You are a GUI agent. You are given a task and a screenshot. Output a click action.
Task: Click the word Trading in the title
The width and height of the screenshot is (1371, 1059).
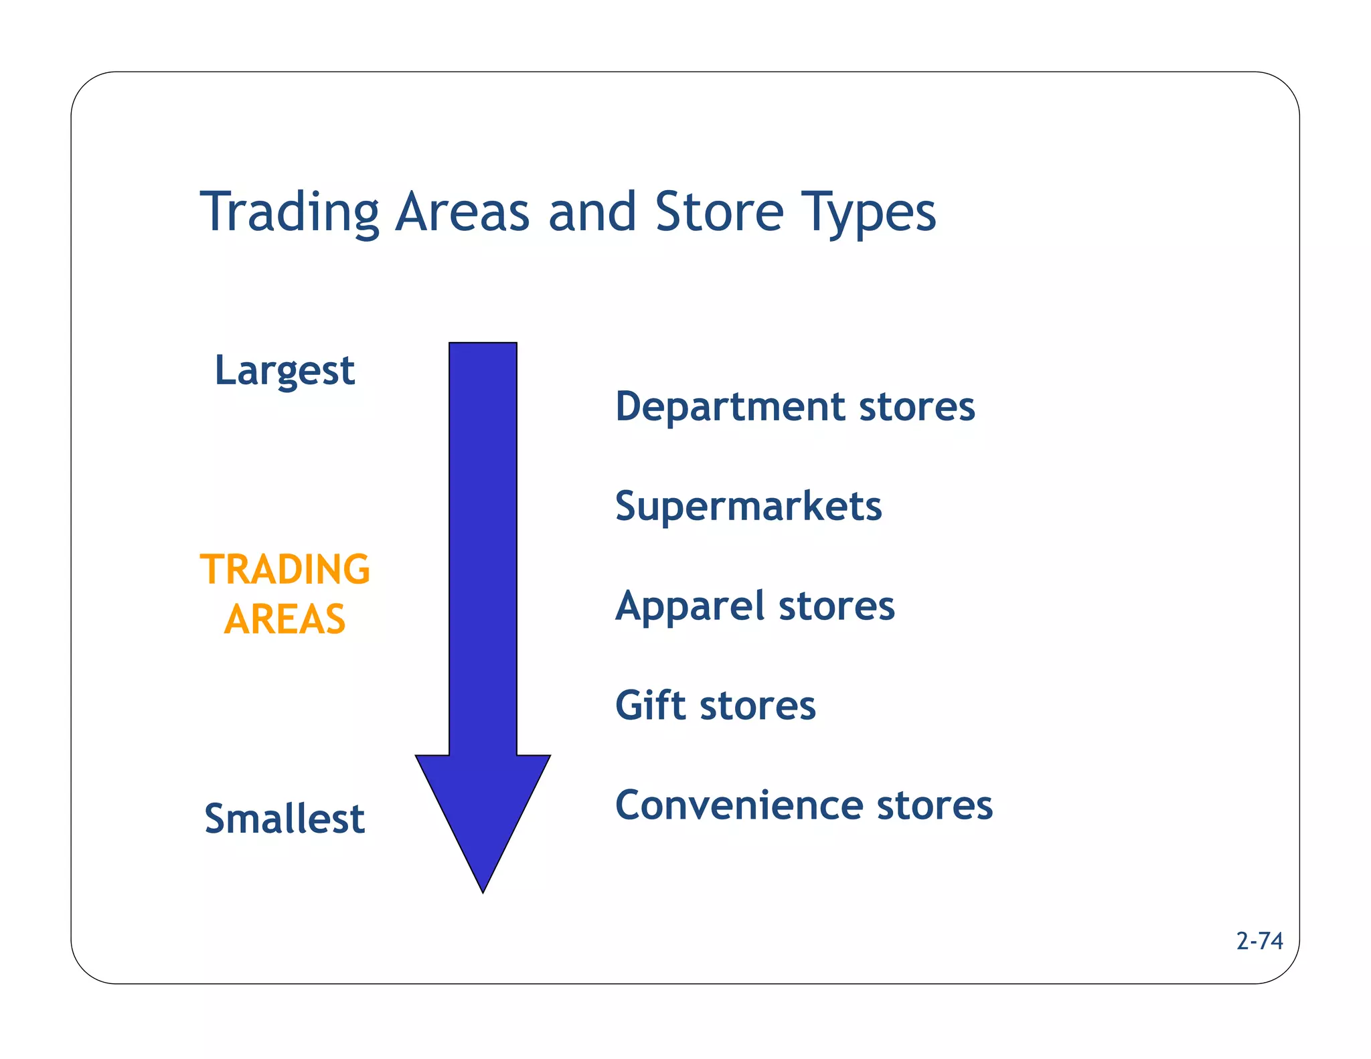click(x=289, y=213)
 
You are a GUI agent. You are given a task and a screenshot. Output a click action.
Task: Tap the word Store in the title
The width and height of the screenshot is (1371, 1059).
click(x=719, y=213)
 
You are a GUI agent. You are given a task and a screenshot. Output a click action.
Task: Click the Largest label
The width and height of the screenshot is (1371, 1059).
click(x=284, y=371)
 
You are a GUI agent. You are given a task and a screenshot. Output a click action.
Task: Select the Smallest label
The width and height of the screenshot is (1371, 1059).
click(x=285, y=819)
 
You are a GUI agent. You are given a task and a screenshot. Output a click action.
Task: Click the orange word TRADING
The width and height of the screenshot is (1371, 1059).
click(x=285, y=570)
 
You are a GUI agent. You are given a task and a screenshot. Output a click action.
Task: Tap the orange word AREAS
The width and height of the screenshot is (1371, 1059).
click(x=285, y=619)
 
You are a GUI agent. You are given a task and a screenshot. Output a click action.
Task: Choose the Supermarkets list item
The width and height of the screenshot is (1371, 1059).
click(x=748, y=507)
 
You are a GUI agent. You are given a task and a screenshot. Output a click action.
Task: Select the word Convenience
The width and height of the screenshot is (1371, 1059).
click(x=738, y=805)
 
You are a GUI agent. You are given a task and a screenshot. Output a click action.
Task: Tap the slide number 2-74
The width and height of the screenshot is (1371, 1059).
click(x=1259, y=941)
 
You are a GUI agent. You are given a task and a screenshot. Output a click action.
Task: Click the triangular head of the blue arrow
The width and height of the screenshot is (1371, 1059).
click(x=483, y=810)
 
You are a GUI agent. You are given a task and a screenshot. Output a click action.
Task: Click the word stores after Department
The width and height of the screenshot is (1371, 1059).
click(x=917, y=407)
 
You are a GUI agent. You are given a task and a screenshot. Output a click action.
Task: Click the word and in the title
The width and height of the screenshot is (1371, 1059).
click(x=592, y=213)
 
